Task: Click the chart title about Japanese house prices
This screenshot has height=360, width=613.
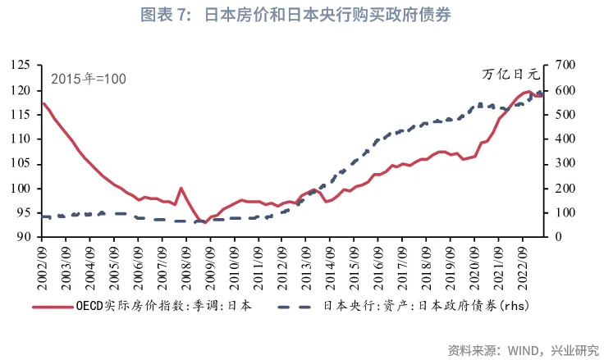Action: (x=306, y=16)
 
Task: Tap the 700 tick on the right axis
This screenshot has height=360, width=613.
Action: (x=565, y=65)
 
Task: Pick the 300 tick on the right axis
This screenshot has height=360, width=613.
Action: (x=565, y=163)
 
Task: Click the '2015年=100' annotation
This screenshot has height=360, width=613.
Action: (x=89, y=80)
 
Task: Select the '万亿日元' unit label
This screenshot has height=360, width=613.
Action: (x=511, y=75)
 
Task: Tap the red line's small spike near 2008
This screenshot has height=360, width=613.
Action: (x=181, y=189)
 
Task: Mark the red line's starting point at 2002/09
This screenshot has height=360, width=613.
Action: (x=43, y=103)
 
